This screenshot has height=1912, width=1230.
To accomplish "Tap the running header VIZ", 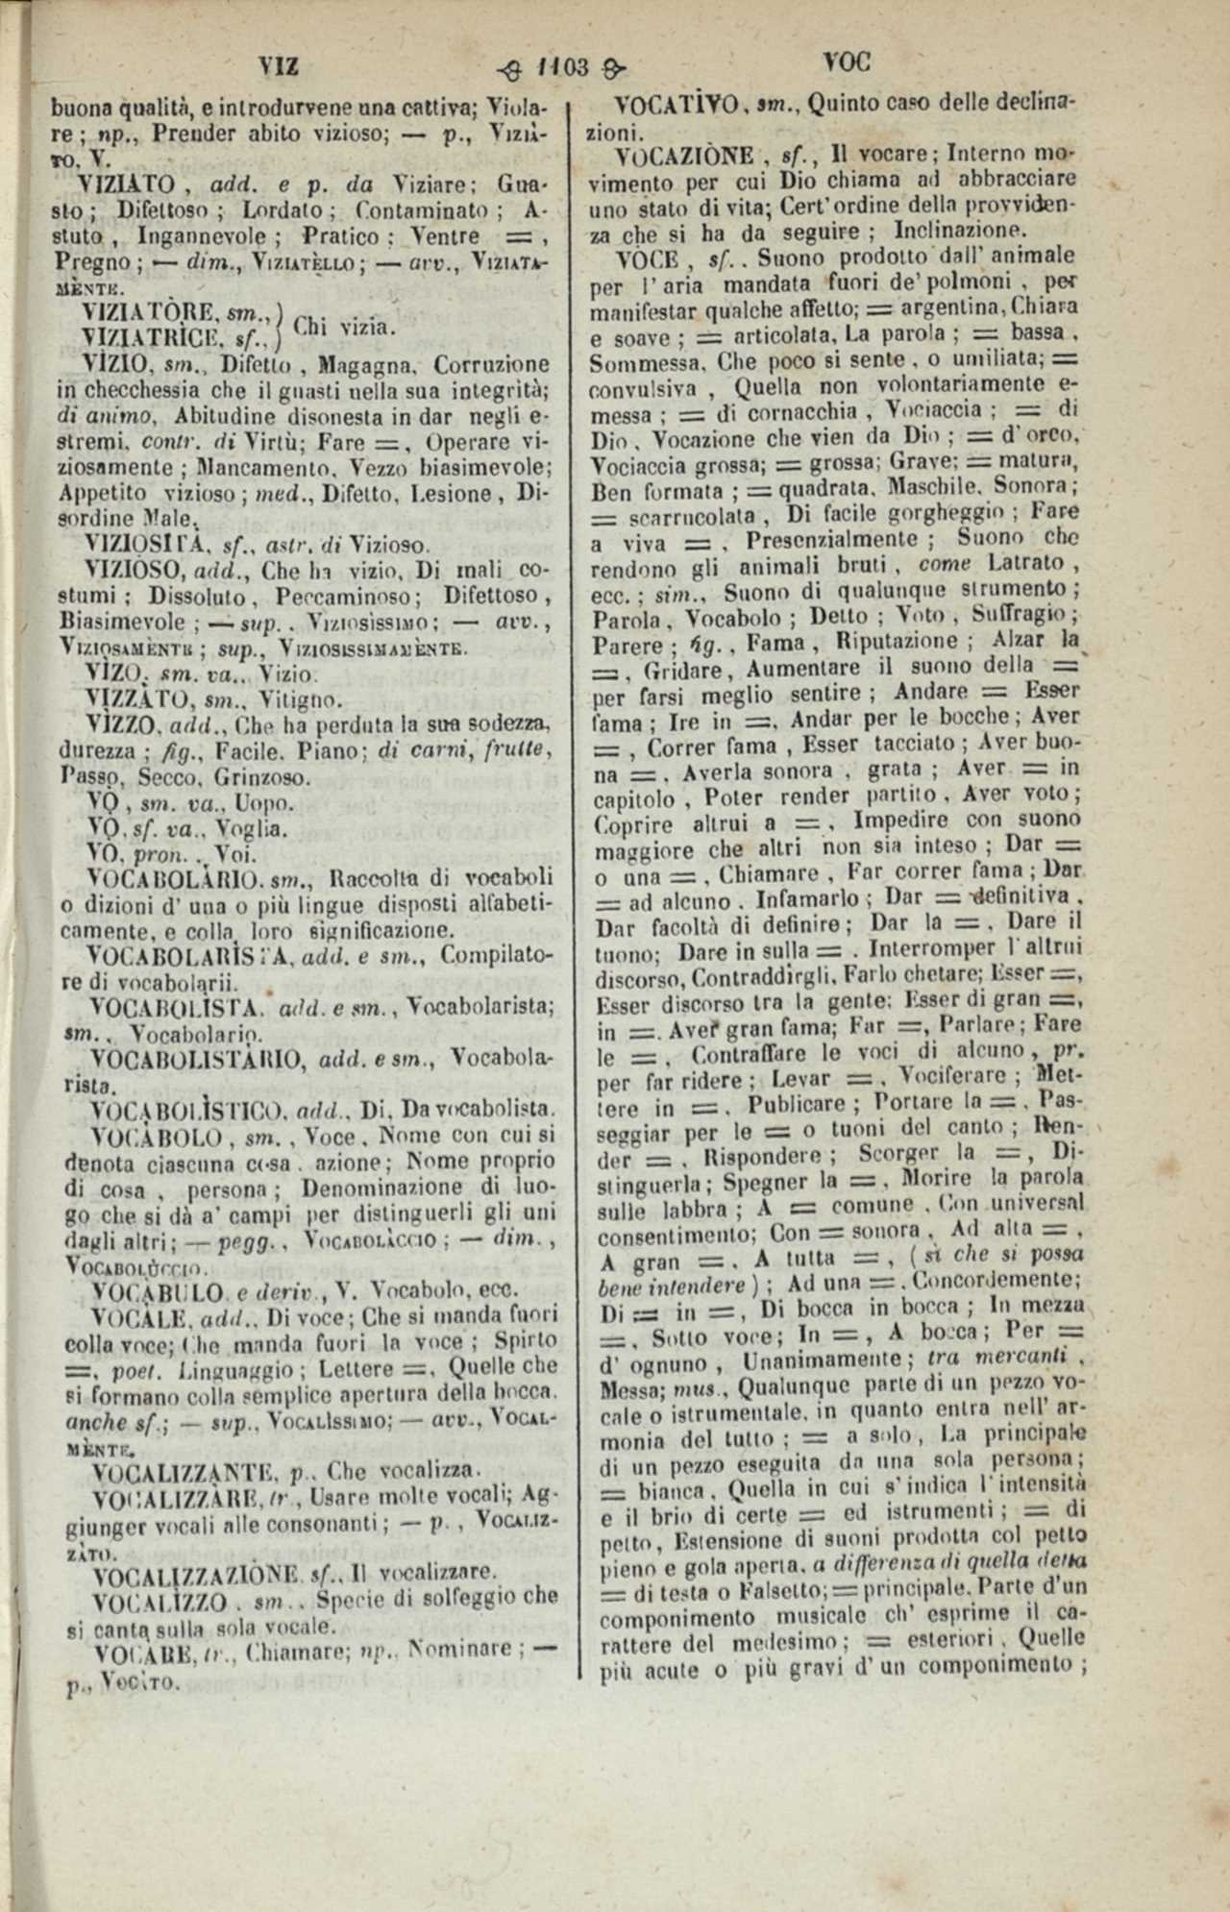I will click(x=280, y=65).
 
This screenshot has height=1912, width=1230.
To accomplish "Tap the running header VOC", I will click(x=847, y=62).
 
